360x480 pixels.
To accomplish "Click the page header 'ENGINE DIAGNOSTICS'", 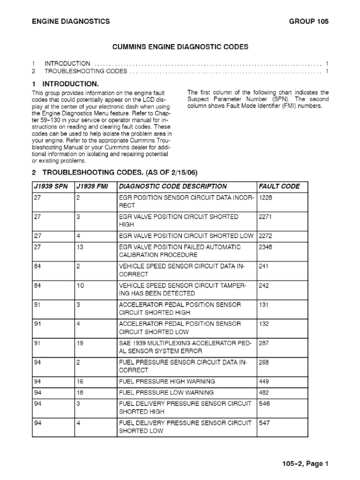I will point(70,21).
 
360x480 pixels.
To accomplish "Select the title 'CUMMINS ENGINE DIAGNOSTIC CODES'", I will point(180,47).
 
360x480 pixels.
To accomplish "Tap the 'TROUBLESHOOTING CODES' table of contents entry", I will point(86,71).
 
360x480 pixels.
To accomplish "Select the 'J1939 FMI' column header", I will point(92,186).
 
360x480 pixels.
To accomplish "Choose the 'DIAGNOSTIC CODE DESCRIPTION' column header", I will point(173,186).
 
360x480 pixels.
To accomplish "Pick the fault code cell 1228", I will point(265,198).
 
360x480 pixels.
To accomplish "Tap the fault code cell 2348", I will point(265,247).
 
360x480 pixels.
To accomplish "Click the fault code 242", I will point(263,285).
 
